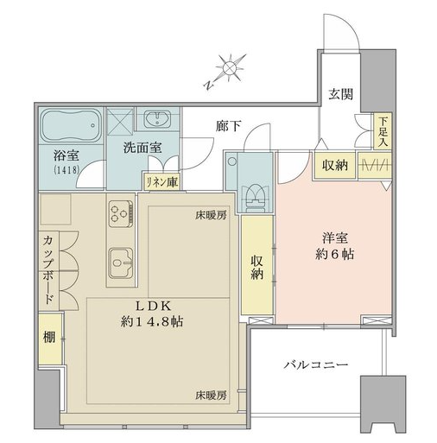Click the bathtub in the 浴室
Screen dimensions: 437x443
[72, 125]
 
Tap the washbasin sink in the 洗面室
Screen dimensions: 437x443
[157, 118]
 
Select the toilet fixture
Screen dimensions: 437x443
[254, 198]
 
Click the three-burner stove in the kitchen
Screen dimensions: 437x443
[121, 213]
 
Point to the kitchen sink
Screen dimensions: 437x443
[121, 262]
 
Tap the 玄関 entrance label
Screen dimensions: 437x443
[341, 94]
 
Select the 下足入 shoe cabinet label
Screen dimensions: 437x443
[383, 131]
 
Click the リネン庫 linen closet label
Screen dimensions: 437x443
[162, 182]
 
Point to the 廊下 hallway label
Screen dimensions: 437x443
[229, 126]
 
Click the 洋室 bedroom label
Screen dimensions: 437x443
[335, 238]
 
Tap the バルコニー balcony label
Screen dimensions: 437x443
[316, 365]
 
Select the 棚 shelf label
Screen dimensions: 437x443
[49, 337]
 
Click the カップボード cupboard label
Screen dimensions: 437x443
[48, 270]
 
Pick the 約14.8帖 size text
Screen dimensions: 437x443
[152, 321]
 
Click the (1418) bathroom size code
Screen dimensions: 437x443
[66, 170]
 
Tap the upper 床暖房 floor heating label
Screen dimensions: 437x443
[211, 215]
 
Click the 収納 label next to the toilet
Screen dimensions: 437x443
[256, 267]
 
